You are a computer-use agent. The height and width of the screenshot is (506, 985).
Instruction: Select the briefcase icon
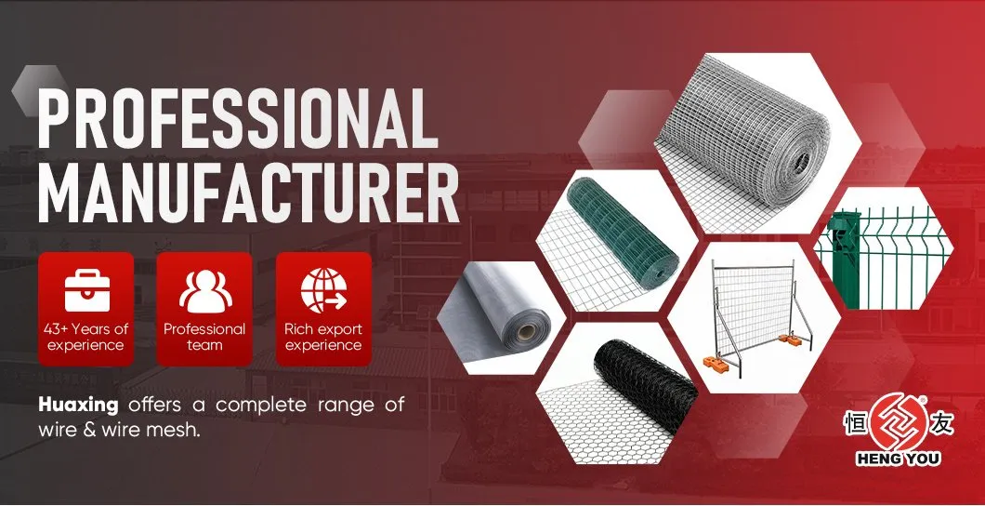click(85, 289)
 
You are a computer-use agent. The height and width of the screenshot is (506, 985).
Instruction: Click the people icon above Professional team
click(204, 289)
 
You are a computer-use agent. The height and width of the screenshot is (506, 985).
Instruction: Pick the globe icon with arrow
click(323, 289)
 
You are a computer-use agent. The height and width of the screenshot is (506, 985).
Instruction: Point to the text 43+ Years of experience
click(85, 337)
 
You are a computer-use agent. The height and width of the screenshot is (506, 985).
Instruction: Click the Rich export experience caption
click(323, 337)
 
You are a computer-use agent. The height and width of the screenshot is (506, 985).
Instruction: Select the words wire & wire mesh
click(120, 432)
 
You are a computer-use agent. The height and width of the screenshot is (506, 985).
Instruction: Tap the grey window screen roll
click(502, 307)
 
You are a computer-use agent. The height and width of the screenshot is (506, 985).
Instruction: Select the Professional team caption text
click(204, 337)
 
